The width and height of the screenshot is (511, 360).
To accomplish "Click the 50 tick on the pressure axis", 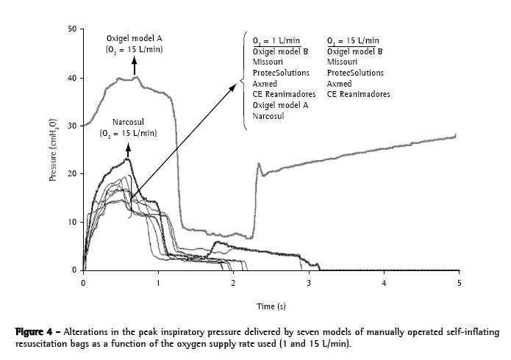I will pos(71,29).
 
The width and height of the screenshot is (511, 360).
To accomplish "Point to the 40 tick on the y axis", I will pos(71,78).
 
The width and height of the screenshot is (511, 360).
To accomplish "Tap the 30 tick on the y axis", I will pos(71,126).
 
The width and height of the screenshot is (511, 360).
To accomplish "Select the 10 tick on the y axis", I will pos(71,222).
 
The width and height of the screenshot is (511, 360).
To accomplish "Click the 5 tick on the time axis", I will pos(460,282).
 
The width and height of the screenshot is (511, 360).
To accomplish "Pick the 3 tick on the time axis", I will pos(309,282).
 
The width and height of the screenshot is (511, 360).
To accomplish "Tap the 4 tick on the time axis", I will pos(384,282).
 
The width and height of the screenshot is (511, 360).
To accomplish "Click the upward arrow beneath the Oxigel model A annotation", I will pos(135,65).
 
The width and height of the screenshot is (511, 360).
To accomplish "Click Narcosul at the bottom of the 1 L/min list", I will pos(268,116).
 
